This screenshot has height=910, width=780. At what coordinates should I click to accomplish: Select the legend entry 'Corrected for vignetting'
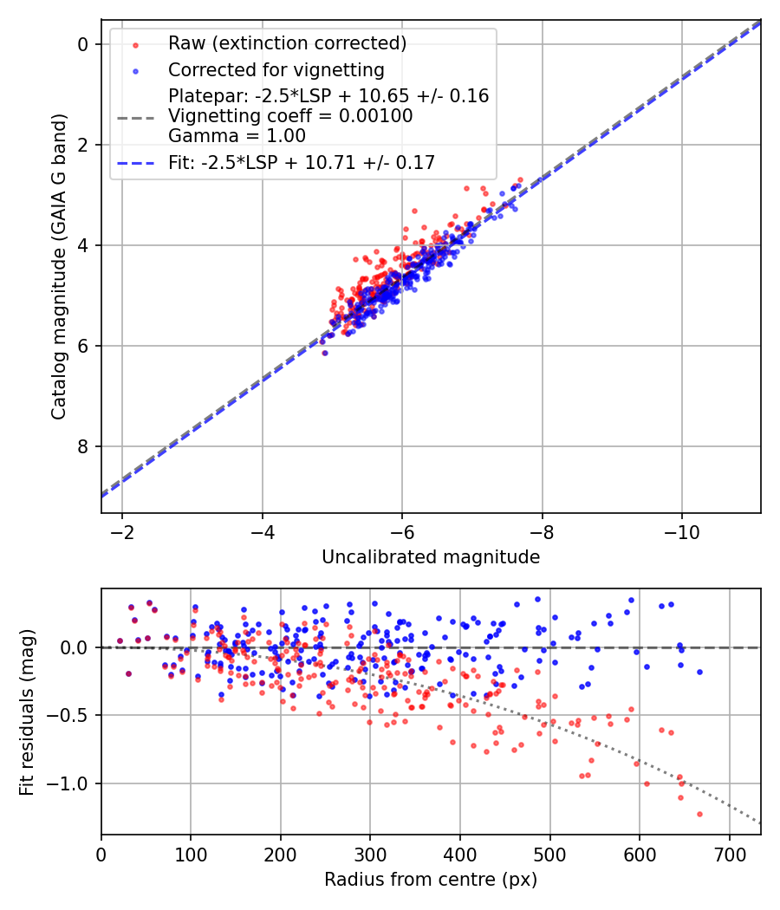pos(276,69)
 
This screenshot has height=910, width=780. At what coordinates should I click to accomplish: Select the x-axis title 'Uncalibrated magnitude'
pos(431,557)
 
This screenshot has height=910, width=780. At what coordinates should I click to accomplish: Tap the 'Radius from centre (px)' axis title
pos(431,880)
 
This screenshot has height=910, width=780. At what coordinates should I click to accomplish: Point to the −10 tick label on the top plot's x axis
pos(681,529)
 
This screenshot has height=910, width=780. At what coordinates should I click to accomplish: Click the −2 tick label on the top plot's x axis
pos(122,529)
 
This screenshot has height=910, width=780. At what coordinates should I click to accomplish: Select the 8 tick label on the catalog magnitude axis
pos(82,446)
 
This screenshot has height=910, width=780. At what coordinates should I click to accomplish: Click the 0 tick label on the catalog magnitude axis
pos(82,44)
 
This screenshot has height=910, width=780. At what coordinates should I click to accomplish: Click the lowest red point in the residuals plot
pos(699,814)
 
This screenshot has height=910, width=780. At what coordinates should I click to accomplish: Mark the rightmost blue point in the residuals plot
pos(699,672)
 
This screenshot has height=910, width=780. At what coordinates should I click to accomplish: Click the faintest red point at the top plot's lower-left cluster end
pos(324,353)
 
